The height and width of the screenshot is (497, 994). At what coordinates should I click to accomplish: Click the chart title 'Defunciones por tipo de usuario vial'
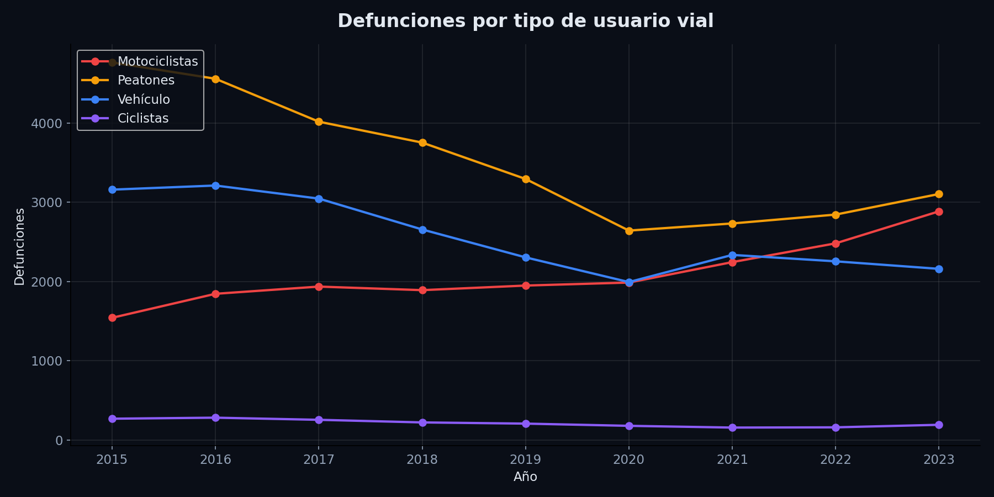[525, 21]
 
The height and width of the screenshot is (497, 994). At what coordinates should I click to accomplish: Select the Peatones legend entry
[146, 81]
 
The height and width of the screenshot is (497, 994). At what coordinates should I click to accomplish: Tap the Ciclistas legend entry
[143, 119]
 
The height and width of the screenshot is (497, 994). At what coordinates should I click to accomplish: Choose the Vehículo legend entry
[144, 100]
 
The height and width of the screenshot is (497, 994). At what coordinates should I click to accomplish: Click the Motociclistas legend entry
[157, 62]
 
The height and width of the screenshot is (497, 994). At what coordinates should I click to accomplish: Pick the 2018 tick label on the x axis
[422, 460]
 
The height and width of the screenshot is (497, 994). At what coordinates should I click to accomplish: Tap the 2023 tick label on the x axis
[939, 460]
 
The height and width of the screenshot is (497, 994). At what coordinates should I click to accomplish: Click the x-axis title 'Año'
[525, 477]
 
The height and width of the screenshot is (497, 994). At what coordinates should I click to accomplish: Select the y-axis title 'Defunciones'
[20, 246]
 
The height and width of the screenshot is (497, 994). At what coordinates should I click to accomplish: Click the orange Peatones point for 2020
[629, 231]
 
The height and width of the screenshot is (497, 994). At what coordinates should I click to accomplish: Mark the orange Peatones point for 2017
[319, 121]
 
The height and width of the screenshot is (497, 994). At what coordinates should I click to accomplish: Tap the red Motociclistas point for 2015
[112, 318]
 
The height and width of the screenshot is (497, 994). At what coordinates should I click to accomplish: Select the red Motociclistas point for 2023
[939, 212]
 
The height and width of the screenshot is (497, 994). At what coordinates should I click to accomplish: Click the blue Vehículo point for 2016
[215, 186]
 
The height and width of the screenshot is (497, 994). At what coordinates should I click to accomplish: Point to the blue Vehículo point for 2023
[939, 269]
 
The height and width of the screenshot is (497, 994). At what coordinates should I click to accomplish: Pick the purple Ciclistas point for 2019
[526, 424]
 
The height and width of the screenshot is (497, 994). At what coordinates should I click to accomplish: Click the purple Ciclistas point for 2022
[836, 427]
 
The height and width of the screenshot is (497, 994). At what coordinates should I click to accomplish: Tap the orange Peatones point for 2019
[526, 179]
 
